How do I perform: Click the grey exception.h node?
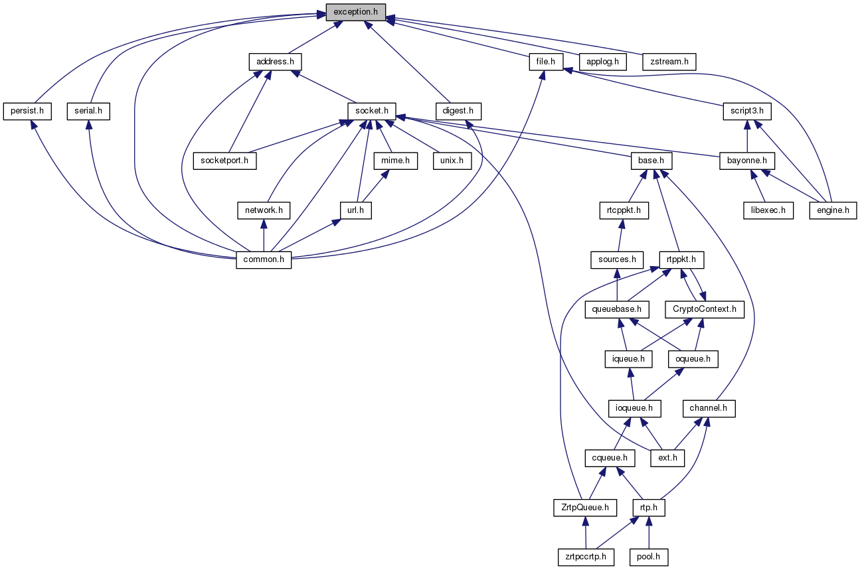(355, 12)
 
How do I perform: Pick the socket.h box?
(372, 111)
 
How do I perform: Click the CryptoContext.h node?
(704, 309)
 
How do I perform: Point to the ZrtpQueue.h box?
(585, 508)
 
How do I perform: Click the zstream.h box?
(669, 62)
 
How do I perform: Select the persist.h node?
(27, 111)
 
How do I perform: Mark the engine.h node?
(833, 210)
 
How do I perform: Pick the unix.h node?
(451, 161)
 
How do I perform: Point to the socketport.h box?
(225, 161)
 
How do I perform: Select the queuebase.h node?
(616, 309)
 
